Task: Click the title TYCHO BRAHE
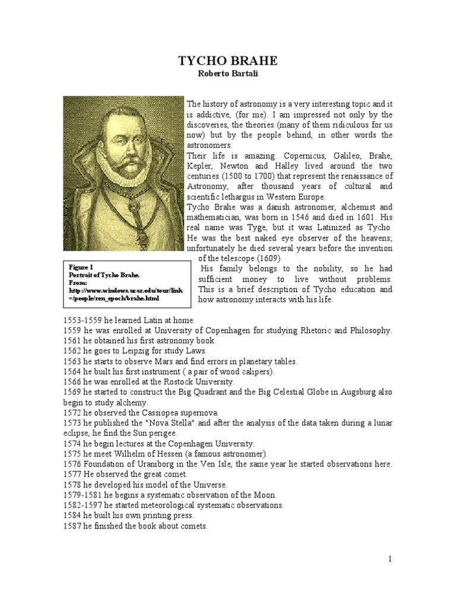228,61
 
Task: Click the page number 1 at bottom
391,559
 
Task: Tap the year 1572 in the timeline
72,412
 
